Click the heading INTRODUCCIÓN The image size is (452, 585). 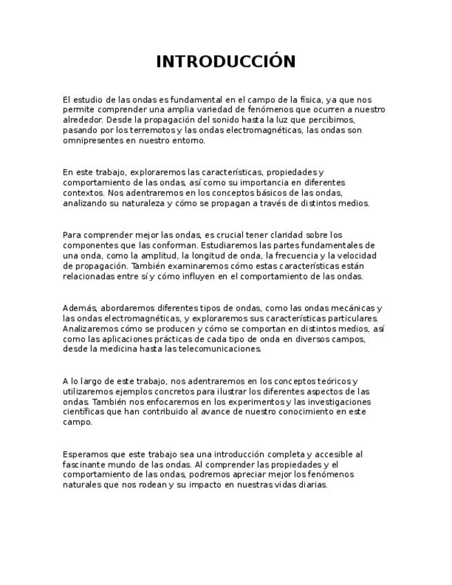[226, 62]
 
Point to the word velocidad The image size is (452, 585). [355, 255]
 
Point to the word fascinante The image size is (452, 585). [84, 464]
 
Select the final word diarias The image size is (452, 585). [312, 485]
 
